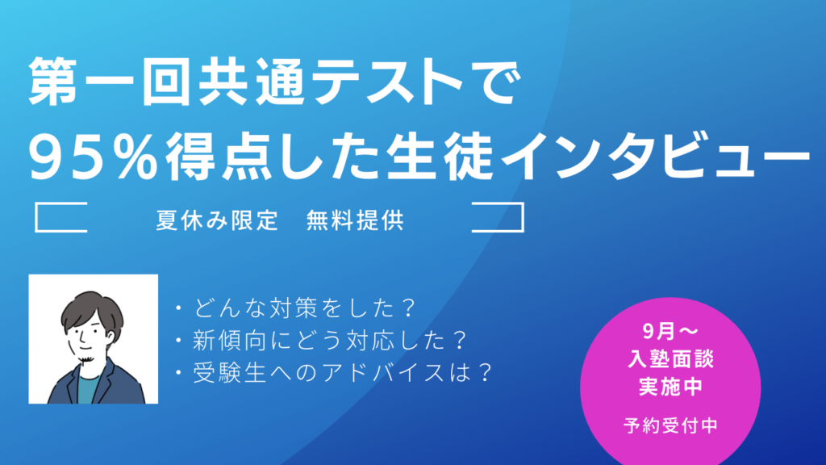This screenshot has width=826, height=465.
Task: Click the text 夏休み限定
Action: (217, 220)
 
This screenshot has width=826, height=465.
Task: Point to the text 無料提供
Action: (355, 220)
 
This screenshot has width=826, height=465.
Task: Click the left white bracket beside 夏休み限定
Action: (35, 217)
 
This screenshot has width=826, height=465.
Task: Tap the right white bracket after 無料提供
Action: (523, 217)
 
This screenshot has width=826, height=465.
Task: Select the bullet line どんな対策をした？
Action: (297, 308)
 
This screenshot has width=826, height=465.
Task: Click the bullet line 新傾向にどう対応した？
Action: (322, 341)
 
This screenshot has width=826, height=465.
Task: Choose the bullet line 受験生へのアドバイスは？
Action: (335, 373)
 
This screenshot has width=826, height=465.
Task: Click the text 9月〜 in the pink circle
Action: (670, 331)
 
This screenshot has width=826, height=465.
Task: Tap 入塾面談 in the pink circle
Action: (670, 359)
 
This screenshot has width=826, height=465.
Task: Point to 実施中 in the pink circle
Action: (670, 387)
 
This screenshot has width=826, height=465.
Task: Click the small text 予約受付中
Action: (670, 425)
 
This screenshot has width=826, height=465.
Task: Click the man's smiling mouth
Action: (86, 349)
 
